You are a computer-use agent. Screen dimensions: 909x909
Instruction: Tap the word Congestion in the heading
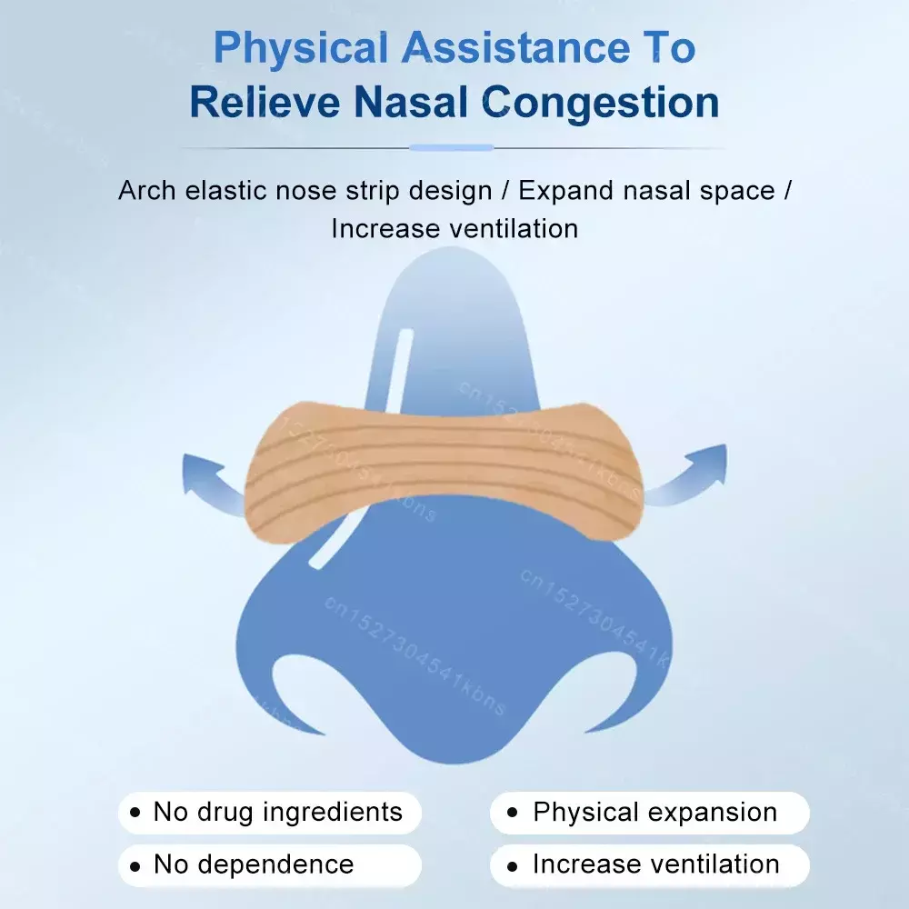point(601,103)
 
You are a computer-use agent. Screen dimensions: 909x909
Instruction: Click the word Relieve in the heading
point(265,102)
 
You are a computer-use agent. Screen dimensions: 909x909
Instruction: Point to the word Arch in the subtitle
point(146,190)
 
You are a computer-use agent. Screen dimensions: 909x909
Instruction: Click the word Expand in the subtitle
point(565,191)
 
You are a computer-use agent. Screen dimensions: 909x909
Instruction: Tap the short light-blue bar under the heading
point(452,148)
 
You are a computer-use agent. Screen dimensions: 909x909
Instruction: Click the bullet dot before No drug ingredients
point(135,812)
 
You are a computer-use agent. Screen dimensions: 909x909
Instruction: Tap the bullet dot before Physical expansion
point(512,812)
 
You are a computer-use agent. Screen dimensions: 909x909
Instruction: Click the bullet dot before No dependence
point(135,866)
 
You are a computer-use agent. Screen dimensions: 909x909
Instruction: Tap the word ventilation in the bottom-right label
point(714,864)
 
